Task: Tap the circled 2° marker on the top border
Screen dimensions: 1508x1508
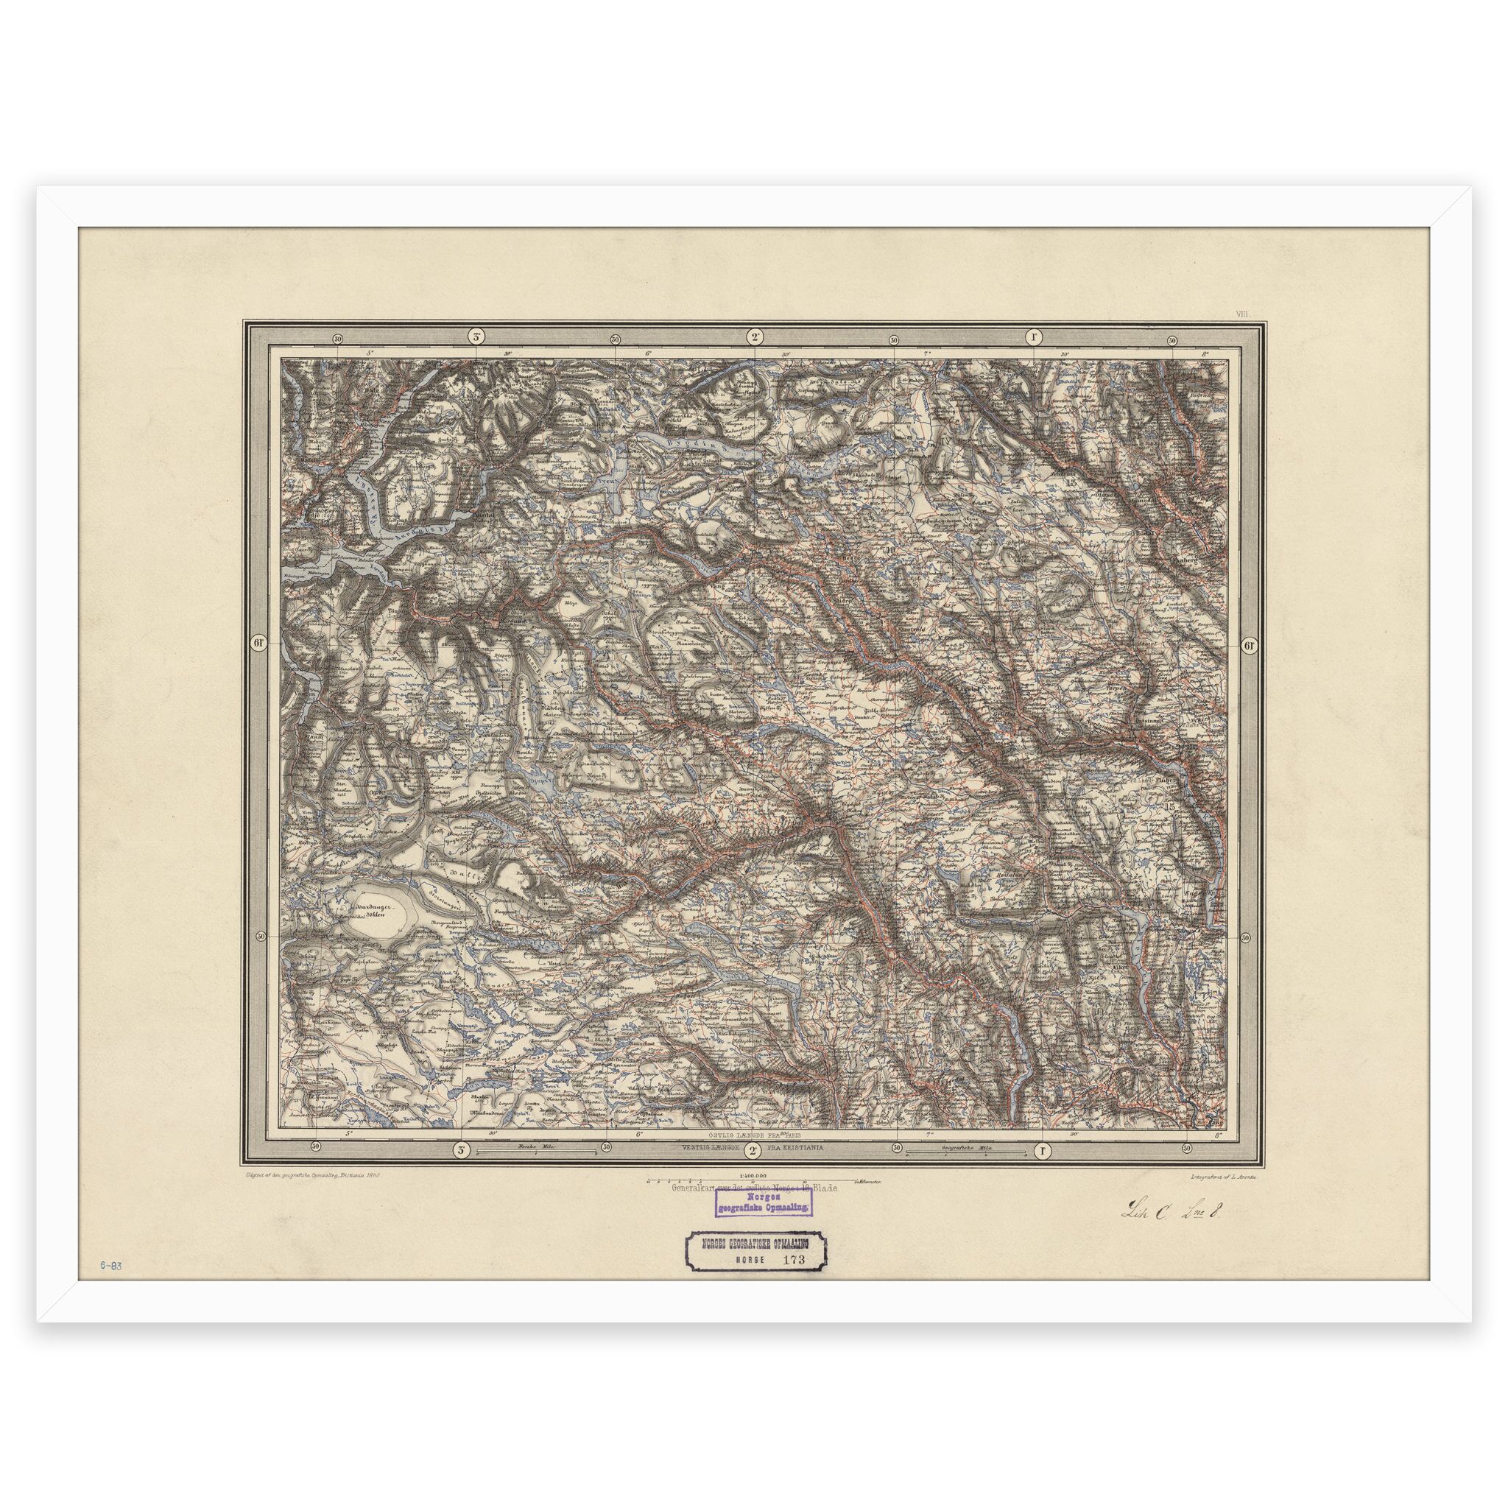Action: click(755, 338)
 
